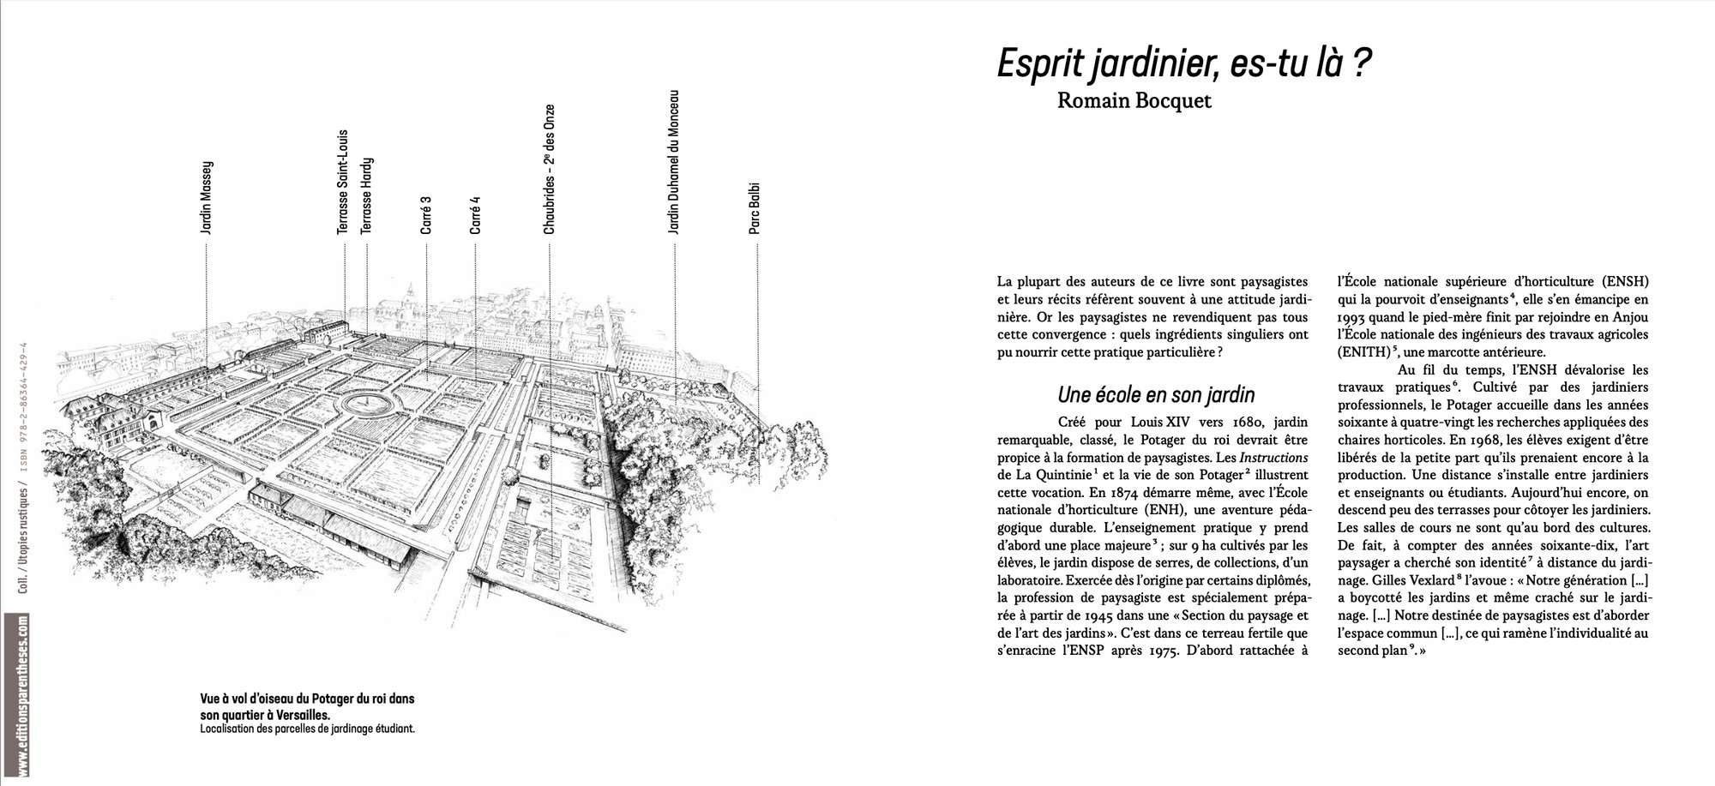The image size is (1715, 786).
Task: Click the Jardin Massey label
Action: tap(206, 198)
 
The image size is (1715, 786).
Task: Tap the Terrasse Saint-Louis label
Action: tap(343, 182)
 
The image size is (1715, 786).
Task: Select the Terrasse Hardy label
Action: tap(367, 195)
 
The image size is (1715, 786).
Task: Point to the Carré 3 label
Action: tap(426, 215)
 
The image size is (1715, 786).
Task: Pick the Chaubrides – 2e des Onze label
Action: tap(550, 169)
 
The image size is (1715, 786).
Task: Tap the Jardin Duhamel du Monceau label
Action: tap(674, 162)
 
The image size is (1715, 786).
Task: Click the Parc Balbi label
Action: tap(755, 207)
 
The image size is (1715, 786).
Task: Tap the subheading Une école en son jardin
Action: tap(1156, 395)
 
